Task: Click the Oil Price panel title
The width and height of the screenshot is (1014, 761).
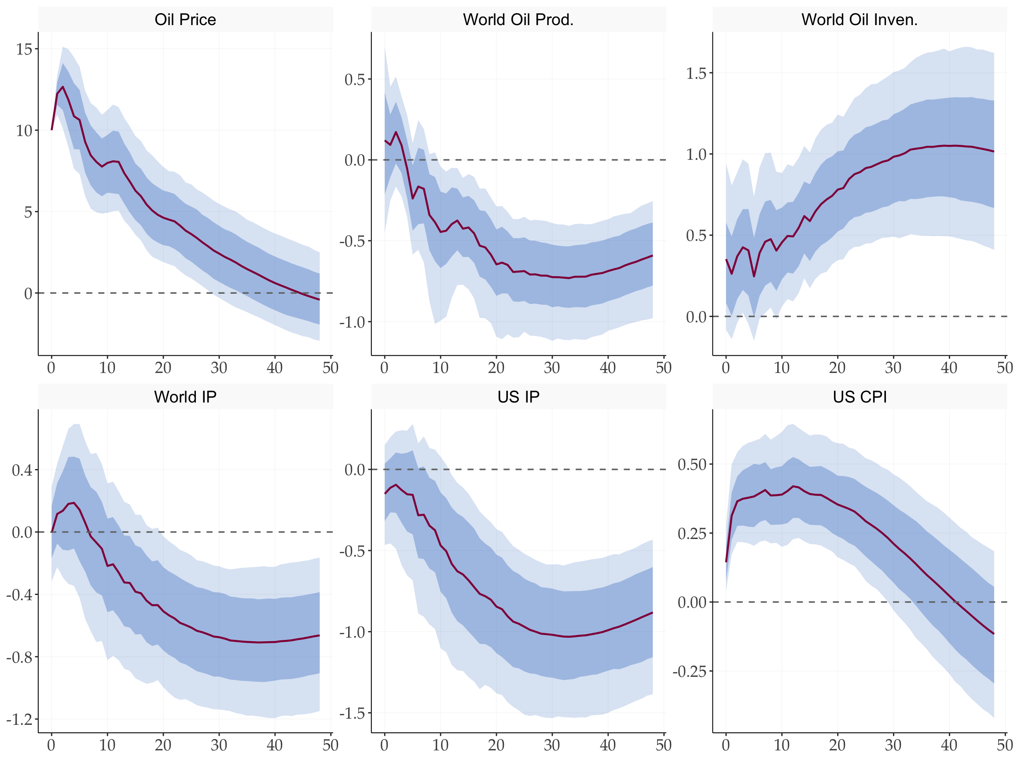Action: pyautogui.click(x=185, y=20)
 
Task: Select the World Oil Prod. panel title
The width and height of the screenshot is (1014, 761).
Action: pyautogui.click(x=518, y=20)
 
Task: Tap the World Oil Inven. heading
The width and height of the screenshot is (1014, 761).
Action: pyautogui.click(x=860, y=20)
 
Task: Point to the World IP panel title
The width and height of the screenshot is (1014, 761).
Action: pyautogui.click(x=185, y=397)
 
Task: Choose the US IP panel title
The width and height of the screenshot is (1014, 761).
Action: pyautogui.click(x=518, y=397)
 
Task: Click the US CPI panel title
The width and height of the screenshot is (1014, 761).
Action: pyautogui.click(x=860, y=397)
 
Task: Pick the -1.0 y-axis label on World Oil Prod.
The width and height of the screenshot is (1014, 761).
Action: pyautogui.click(x=352, y=322)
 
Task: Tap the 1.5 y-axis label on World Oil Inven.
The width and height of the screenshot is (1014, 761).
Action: pyautogui.click(x=696, y=74)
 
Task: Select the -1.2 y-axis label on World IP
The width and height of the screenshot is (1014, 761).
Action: pyautogui.click(x=19, y=719)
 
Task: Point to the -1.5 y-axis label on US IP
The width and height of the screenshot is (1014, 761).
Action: pyautogui.click(x=352, y=713)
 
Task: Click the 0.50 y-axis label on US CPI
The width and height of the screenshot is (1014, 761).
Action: pyautogui.click(x=692, y=464)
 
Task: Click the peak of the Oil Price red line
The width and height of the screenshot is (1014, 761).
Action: pyautogui.click(x=63, y=87)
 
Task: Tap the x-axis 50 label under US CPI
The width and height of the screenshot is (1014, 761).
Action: pyautogui.click(x=1005, y=745)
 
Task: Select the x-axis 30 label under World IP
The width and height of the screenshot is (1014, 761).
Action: pyautogui.click(x=219, y=745)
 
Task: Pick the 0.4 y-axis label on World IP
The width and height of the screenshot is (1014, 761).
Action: pyautogui.click(x=22, y=470)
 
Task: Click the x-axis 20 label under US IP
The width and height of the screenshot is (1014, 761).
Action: pyautogui.click(x=496, y=745)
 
